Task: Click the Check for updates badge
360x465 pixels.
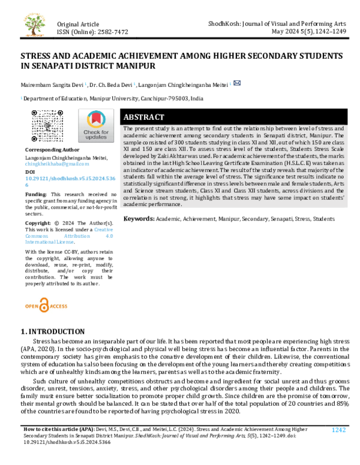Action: (96, 126)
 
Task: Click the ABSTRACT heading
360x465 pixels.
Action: (144, 117)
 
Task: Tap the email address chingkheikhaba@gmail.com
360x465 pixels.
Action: (56, 163)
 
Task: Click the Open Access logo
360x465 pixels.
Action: (46, 306)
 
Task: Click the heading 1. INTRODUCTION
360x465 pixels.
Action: (53, 331)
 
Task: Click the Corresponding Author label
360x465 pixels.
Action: (52, 150)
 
